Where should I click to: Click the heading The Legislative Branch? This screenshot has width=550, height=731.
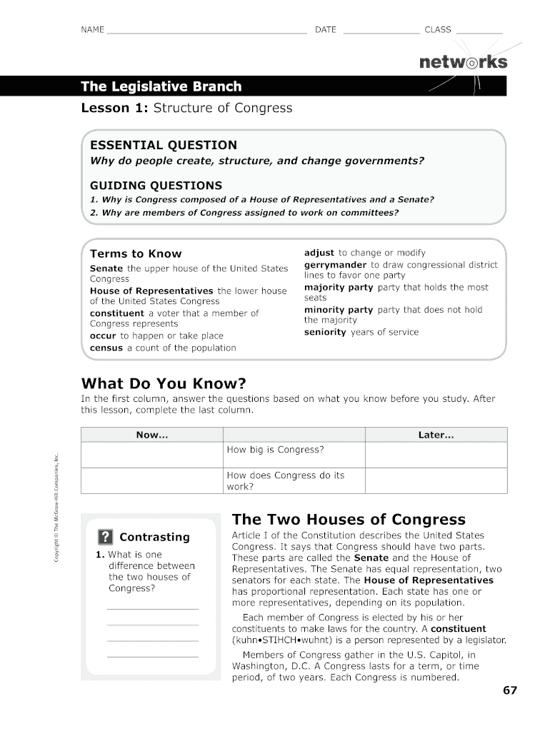tap(161, 87)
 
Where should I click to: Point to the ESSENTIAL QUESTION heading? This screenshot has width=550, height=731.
tap(163, 145)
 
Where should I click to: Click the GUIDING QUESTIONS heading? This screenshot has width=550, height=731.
tap(156, 185)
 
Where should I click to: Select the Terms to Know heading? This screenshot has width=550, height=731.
tap(136, 253)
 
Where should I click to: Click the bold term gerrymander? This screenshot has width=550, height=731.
tap(335, 265)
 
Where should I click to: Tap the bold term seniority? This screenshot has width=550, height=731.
tap(325, 332)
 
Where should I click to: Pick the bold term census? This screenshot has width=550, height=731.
tap(106, 348)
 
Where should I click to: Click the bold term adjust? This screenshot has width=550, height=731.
tap(319, 253)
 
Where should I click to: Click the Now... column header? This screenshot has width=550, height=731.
tap(152, 435)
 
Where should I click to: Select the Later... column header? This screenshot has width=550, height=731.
tap(436, 435)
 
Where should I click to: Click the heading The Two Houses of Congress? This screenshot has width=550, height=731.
tap(349, 519)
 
